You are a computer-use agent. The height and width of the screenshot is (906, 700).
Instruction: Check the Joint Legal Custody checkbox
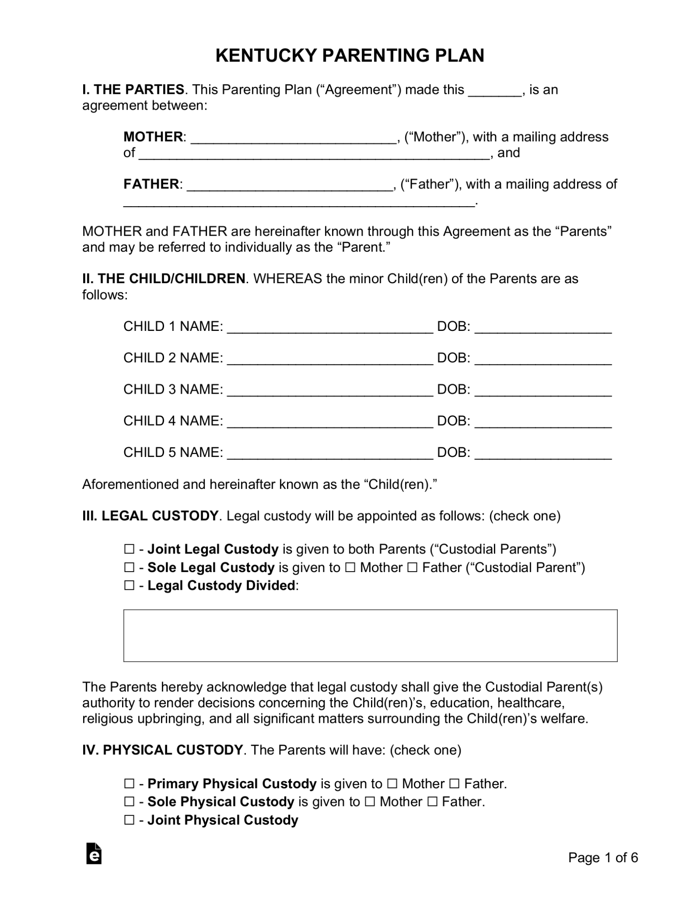[x=129, y=549]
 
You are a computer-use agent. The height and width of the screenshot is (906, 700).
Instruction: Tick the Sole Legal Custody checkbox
[x=129, y=568]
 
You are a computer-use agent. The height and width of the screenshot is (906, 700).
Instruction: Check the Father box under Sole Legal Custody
[x=412, y=568]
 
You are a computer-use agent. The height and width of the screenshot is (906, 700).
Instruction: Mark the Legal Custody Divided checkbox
[x=129, y=586]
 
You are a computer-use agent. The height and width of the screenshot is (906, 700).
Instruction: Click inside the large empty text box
[x=370, y=635]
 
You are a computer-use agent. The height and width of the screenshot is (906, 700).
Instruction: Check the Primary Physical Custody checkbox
[x=129, y=784]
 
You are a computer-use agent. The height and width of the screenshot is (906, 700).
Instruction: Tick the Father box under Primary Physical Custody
[x=454, y=784]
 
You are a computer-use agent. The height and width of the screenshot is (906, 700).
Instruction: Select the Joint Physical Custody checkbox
[x=129, y=820]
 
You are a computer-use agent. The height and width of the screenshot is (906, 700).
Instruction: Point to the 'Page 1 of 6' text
[x=603, y=858]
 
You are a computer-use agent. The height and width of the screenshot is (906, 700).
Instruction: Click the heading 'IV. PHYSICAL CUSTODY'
[x=162, y=750]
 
